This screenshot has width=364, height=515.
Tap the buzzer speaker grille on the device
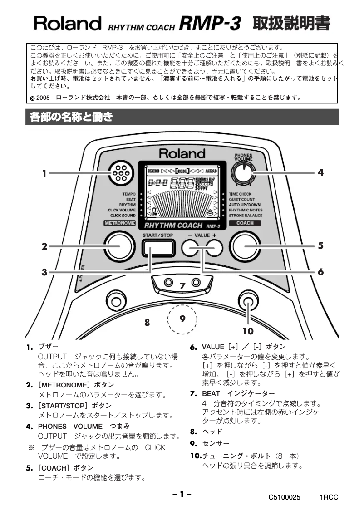pyautogui.click(x=120, y=173)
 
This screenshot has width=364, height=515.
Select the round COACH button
pyautogui.click(x=246, y=247)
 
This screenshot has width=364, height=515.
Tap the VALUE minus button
pyautogui.click(x=191, y=247)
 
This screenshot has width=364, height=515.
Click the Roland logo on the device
pyautogui.click(x=182, y=153)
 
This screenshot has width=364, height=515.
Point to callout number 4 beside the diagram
pyautogui.click(x=320, y=173)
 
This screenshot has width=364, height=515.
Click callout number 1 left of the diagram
pyautogui.click(x=44, y=173)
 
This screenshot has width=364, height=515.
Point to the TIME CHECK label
pyautogui.click(x=240, y=194)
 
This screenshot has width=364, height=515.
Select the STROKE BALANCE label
pyautogui.click(x=246, y=216)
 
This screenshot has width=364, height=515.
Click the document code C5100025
pyautogui.click(x=284, y=498)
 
